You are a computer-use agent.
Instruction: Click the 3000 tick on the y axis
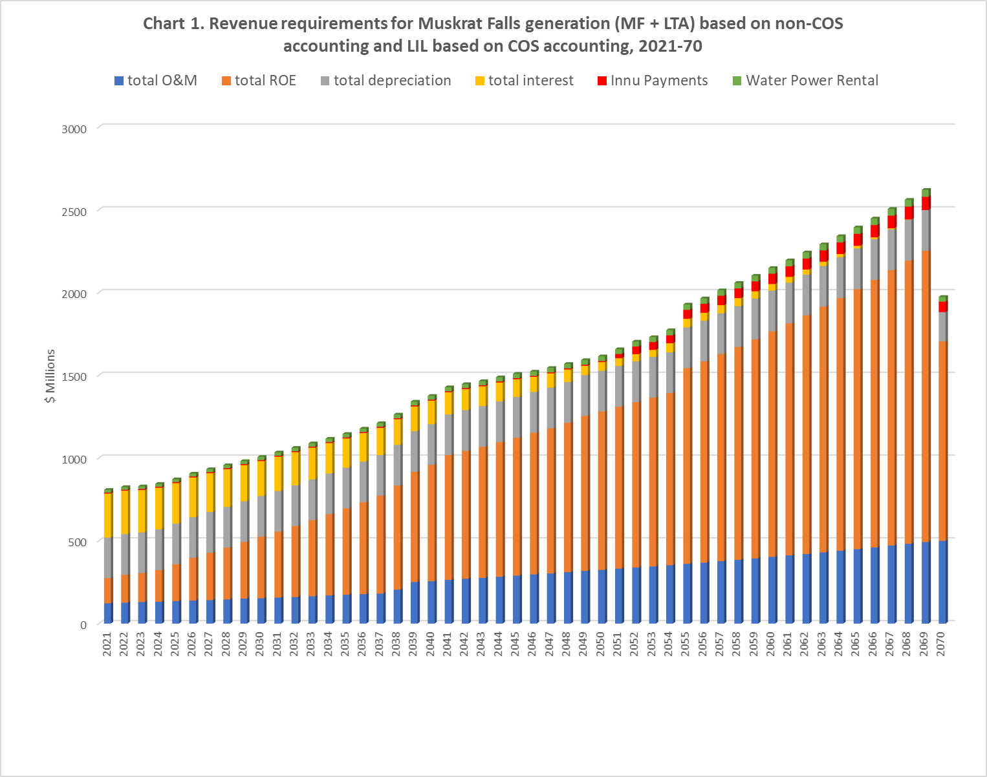pyautogui.click(x=74, y=129)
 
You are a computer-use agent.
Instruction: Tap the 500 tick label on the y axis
pyautogui.click(x=77, y=542)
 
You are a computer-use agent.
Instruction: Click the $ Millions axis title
pyautogui.click(x=50, y=376)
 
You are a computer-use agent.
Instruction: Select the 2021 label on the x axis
pyautogui.click(x=107, y=644)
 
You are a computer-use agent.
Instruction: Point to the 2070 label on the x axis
pyautogui.click(x=941, y=644)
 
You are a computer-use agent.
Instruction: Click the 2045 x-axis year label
pyautogui.click(x=515, y=644)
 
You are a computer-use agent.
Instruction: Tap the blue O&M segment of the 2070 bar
pyautogui.click(x=942, y=582)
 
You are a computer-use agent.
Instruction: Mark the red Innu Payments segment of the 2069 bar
pyautogui.click(x=925, y=203)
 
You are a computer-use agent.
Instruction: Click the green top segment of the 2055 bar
pyautogui.click(x=687, y=306)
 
